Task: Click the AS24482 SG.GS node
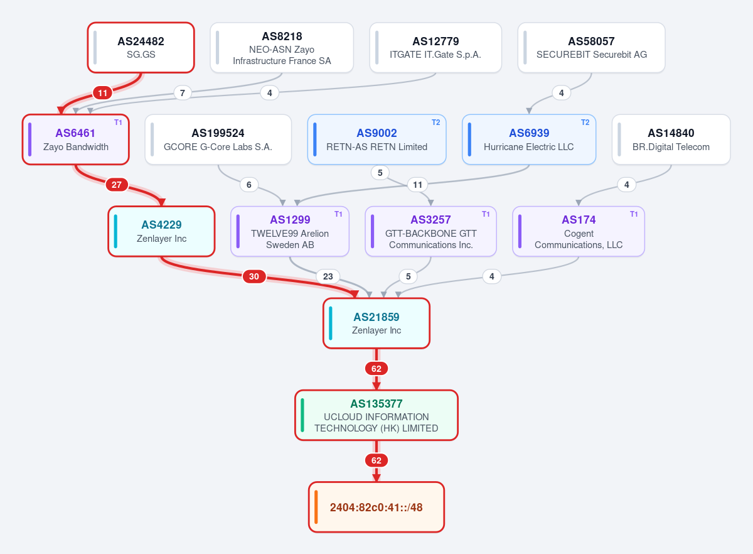click(141, 48)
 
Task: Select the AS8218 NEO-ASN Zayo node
click(282, 48)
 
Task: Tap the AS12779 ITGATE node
click(435, 48)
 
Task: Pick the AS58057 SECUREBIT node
click(591, 48)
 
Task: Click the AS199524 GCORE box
click(218, 139)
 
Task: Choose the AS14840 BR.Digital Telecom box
click(671, 139)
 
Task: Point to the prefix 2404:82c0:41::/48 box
click(376, 507)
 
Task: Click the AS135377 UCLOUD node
click(376, 415)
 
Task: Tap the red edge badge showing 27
click(117, 185)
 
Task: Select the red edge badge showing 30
click(254, 276)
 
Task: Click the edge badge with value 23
click(328, 276)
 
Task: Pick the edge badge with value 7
click(183, 93)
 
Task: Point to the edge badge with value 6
click(248, 185)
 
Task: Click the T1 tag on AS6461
click(118, 122)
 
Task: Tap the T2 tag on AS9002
click(435, 122)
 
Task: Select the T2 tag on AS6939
click(585, 122)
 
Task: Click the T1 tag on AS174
click(634, 214)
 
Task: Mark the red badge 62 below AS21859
click(376, 369)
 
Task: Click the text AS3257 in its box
click(430, 220)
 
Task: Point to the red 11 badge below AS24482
click(102, 93)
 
